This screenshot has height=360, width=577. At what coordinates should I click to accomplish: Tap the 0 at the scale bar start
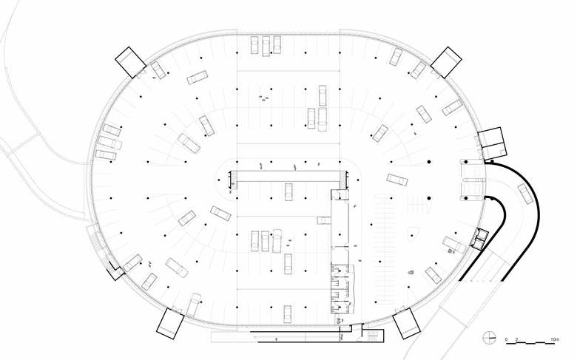[507, 339]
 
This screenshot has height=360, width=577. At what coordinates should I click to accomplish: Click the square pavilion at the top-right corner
[446, 61]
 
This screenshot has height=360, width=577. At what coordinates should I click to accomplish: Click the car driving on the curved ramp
[525, 194]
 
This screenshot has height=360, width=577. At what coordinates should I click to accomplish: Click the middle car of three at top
[265, 46]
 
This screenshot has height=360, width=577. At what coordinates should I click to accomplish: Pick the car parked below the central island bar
[289, 191]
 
